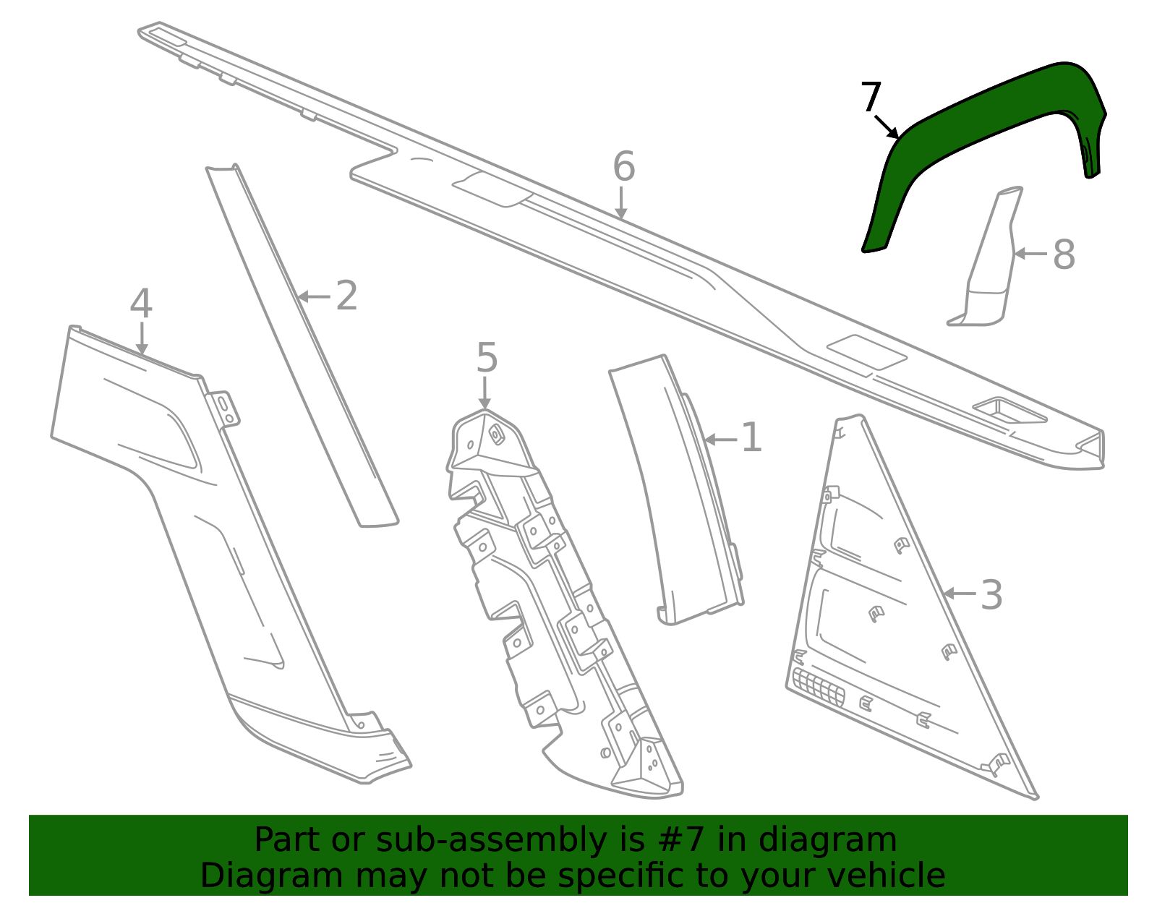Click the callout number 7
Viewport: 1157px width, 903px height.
point(871,97)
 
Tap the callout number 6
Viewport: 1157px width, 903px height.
point(624,166)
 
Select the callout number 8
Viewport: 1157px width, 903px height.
point(1064,254)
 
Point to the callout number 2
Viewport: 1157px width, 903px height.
point(346,296)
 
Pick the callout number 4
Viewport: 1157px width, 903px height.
point(141,304)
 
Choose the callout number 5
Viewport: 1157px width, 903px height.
point(487,357)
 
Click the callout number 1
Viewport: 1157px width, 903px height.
point(751,437)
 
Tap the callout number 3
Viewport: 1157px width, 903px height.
point(991,594)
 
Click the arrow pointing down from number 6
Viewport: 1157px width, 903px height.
point(621,202)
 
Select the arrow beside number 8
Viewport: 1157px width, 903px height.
point(1030,254)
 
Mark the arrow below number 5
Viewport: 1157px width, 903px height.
point(484,393)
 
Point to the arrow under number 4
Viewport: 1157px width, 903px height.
point(142,338)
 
